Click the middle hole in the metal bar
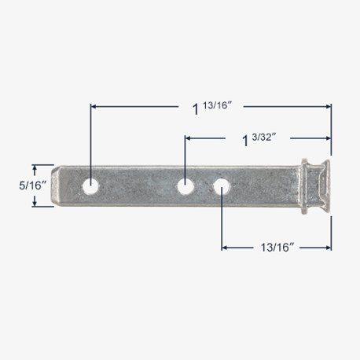pos(185,186)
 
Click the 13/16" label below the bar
pos(274,248)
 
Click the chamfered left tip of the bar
pos(57,186)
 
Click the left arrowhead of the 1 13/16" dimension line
pos(95,105)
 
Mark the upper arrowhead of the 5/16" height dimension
pos(35,168)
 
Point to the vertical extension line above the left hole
pos(91,141)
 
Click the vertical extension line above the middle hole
pos(185,157)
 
